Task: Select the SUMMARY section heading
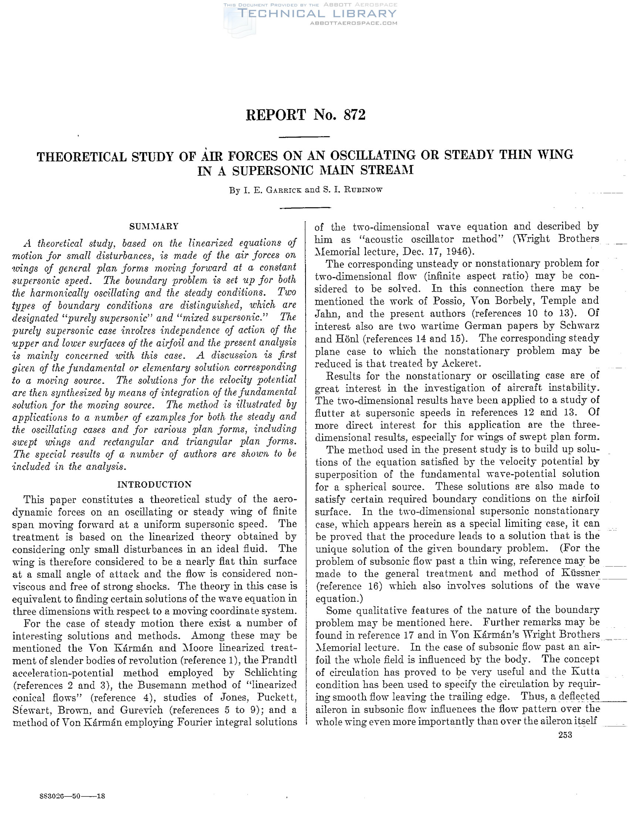point(154,226)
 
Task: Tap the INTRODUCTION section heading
point(155,484)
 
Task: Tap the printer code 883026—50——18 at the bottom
point(72,796)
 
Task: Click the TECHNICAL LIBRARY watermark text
point(317,14)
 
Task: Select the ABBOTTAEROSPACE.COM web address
point(354,23)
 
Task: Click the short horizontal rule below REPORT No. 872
point(304,136)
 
